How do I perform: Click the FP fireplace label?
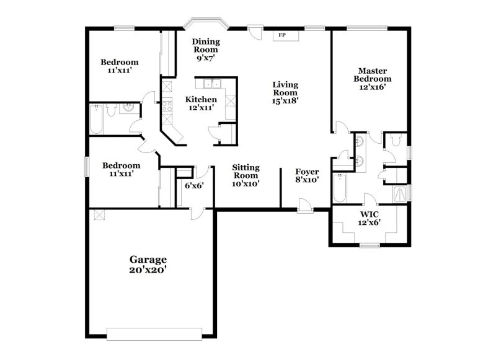click(282, 35)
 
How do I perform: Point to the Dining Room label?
click(206, 48)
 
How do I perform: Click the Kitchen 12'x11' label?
click(201, 103)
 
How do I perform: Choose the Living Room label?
click(285, 92)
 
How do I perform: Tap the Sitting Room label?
click(246, 175)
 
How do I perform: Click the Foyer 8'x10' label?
click(307, 176)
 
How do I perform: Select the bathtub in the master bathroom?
click(339, 189)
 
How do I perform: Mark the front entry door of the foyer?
click(304, 205)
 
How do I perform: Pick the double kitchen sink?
click(211, 85)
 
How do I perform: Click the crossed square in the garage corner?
click(98, 214)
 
